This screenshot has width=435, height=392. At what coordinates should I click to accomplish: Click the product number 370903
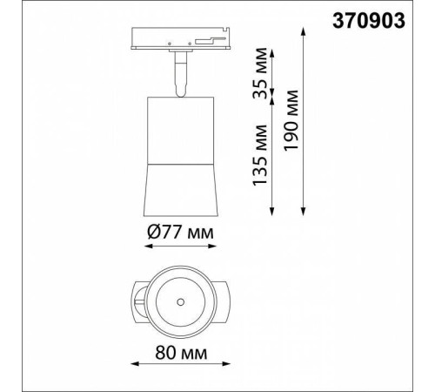tap(369, 21)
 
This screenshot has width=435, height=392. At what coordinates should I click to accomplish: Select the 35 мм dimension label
tap(260, 73)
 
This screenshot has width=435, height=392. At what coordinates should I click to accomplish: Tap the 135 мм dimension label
tap(260, 155)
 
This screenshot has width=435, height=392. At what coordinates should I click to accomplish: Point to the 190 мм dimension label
tap(291, 120)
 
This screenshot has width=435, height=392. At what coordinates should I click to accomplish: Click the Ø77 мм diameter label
tap(180, 233)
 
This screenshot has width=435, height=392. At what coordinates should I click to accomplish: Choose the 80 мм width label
tap(181, 353)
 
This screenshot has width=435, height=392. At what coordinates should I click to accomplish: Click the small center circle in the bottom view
tap(181, 302)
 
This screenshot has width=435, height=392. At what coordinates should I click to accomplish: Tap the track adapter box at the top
tap(180, 38)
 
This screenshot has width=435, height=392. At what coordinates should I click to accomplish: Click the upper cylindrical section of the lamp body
tap(181, 131)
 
